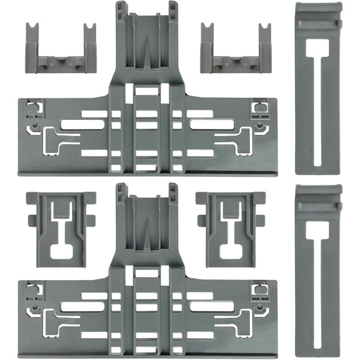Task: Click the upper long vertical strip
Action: (319, 90)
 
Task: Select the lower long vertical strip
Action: (319, 270)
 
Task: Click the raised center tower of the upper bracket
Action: (148, 42)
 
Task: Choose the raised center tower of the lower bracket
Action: (148, 222)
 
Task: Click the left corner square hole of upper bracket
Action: (32, 108)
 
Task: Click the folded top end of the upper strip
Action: (319, 15)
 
